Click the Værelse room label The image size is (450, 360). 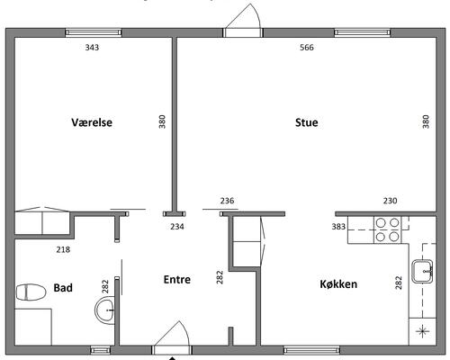click(92, 122)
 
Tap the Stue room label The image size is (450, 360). click(307, 122)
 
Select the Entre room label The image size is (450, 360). click(177, 280)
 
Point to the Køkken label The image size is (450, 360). click(338, 284)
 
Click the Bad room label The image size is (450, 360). click(63, 288)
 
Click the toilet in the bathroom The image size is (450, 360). click(31, 292)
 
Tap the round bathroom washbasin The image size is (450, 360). click(105, 310)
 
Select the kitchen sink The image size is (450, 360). click(422, 272)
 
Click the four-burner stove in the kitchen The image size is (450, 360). click(387, 229)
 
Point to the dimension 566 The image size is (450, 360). click(307, 48)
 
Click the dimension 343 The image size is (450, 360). click(92, 48)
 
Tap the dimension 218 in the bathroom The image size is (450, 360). click(63, 249)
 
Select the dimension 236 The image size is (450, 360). click(227, 201)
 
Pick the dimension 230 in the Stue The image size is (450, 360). click(390, 201)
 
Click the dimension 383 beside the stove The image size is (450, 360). click(338, 227)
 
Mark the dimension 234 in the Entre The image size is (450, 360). click(177, 227)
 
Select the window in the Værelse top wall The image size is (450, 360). click(94, 32)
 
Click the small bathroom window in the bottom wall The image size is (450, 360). click(101, 350)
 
